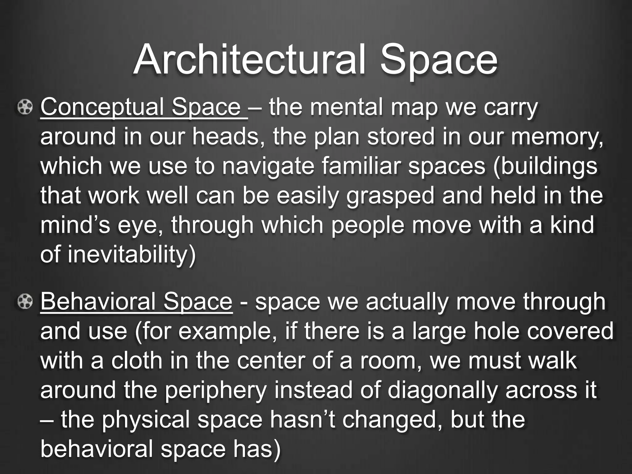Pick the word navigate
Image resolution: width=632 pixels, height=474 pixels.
click(268, 167)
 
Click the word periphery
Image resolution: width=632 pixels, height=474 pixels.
click(215, 390)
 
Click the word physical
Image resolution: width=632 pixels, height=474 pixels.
click(146, 420)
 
